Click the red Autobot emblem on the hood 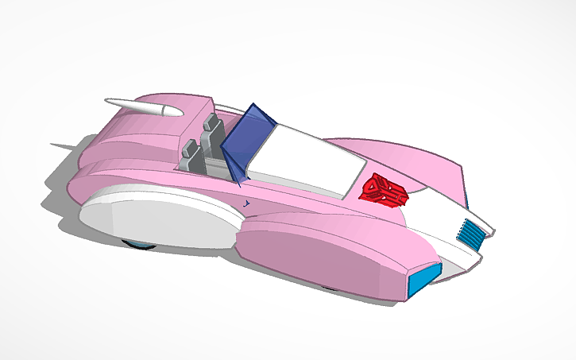click(x=385, y=188)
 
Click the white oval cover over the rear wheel click(x=151, y=218)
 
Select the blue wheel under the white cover click(x=140, y=243)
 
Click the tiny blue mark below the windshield click(x=247, y=203)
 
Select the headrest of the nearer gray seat click(x=190, y=146)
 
